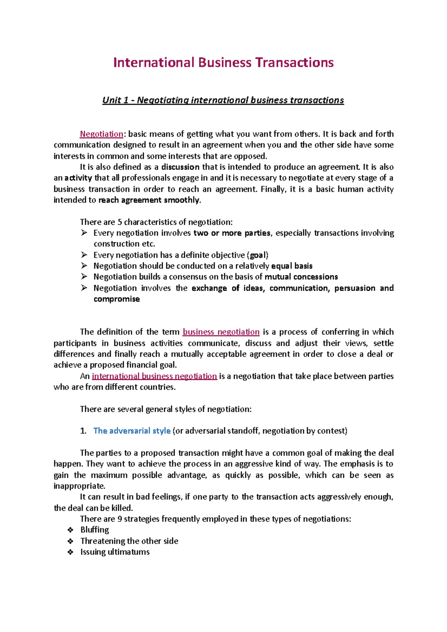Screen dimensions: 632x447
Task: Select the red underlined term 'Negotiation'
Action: tap(101, 134)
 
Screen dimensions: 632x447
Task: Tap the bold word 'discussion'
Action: tap(180, 167)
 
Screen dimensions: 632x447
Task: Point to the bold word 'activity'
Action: tap(78, 178)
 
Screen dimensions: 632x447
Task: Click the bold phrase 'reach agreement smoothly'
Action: tap(149, 200)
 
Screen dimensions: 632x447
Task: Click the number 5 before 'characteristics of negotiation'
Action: tap(120, 222)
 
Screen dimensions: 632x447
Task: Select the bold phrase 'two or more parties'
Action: tap(232, 233)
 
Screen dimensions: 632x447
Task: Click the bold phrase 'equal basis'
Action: tap(292, 266)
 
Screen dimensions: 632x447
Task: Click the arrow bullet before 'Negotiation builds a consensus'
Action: tap(84, 277)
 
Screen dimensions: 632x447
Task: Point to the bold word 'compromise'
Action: tap(117, 299)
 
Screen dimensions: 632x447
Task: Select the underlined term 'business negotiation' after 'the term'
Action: tap(221, 332)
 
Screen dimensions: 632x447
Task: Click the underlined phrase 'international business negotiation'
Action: tap(154, 376)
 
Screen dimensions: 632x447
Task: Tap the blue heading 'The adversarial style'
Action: tap(132, 431)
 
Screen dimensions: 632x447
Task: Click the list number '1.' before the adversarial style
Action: tap(83, 431)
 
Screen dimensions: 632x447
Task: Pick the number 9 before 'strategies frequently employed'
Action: tap(120, 519)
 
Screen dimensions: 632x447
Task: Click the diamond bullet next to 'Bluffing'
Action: tap(70, 530)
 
